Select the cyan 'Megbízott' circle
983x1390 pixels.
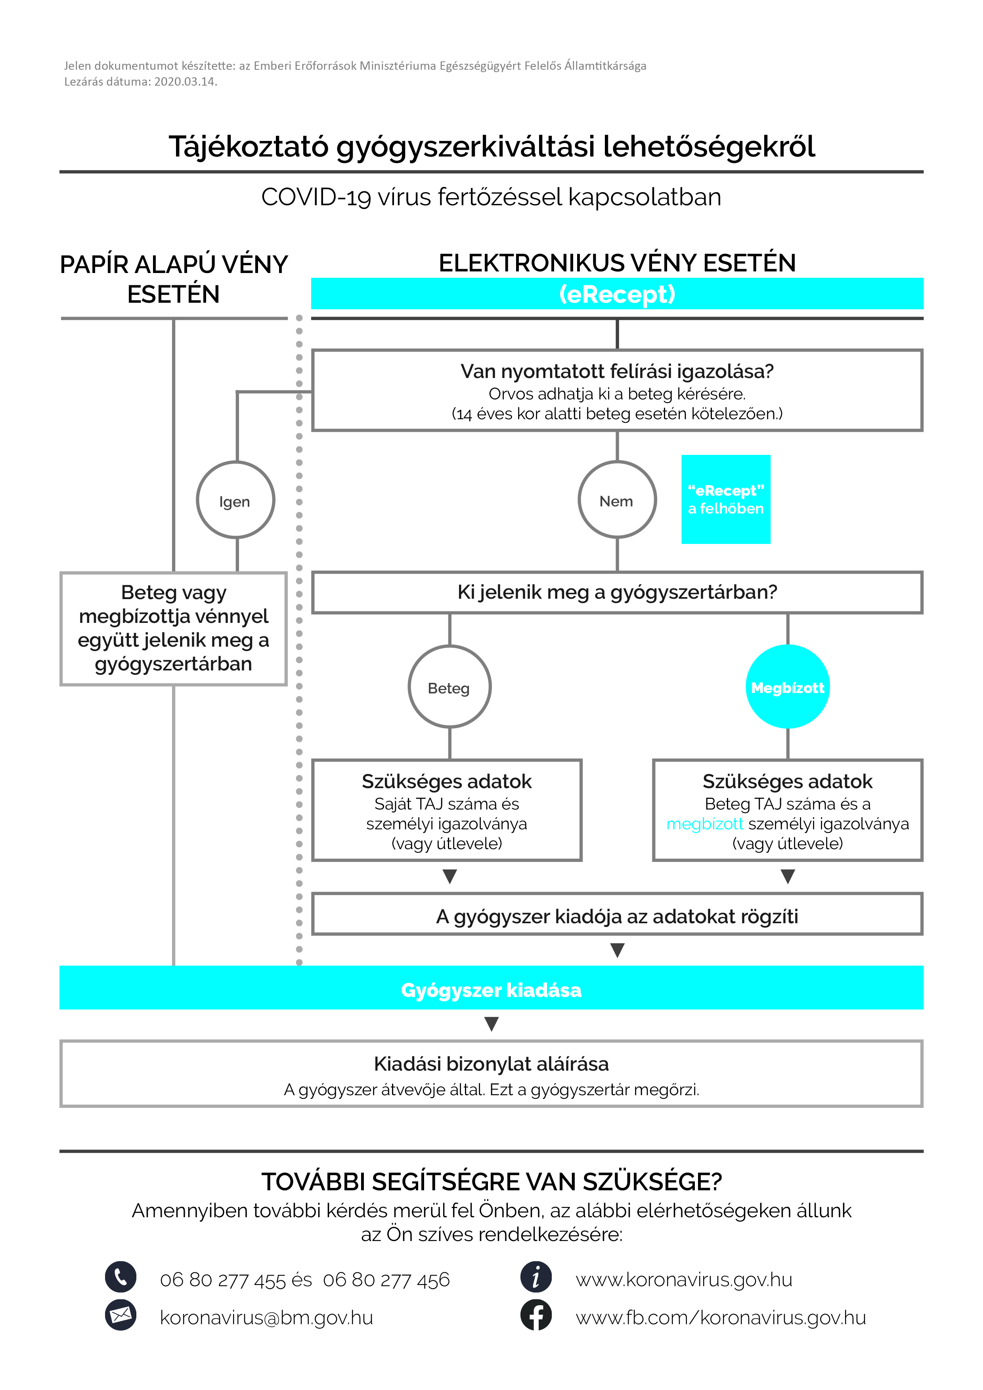(787, 687)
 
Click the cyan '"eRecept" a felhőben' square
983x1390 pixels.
(726, 499)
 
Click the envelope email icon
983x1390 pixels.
(120, 1315)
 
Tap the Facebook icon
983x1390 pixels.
(536, 1315)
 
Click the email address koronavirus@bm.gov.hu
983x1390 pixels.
(266, 1317)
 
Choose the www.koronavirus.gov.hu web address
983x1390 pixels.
(684, 1279)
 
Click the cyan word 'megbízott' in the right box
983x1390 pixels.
(704, 824)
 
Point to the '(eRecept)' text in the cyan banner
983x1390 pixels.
(617, 294)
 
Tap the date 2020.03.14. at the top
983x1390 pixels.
(186, 82)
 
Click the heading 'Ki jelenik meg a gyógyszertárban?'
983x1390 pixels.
(617, 592)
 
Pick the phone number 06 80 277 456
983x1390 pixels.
(386, 1279)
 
